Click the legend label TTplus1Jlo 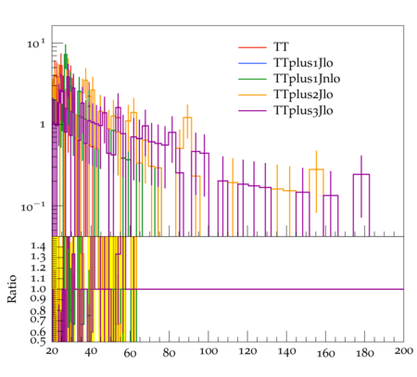click(x=303, y=63)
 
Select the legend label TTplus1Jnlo click(x=307, y=79)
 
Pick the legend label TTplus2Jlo click(x=303, y=94)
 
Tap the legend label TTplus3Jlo click(x=303, y=110)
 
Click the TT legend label click(x=281, y=47)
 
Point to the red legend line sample click(x=252, y=47)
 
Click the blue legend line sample click(x=252, y=63)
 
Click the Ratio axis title click(x=12, y=289)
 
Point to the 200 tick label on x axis click(x=404, y=351)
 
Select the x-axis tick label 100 click(x=208, y=351)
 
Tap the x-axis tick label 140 click(x=286, y=351)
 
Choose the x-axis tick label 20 click(x=52, y=351)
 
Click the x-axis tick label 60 click(x=130, y=353)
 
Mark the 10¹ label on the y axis click(x=36, y=44)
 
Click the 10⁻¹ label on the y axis click(x=33, y=207)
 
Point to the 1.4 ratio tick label click(x=38, y=246)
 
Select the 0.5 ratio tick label click(x=38, y=341)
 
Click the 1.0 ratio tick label click(x=38, y=289)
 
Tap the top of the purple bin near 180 click(x=361, y=175)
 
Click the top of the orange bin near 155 click(x=316, y=170)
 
